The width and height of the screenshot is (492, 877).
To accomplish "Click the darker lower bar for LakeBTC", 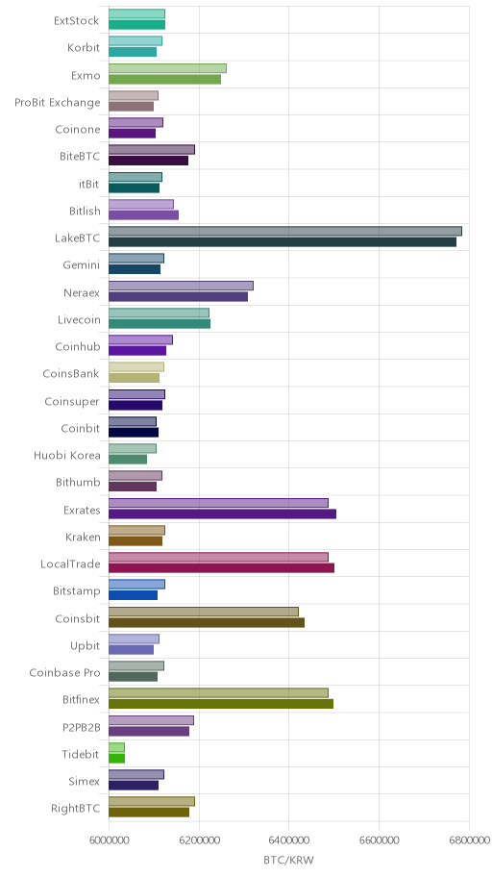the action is [283, 242].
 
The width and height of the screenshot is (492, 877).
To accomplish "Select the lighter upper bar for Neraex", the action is [181, 286].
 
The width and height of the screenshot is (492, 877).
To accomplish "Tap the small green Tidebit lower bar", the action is [116, 759].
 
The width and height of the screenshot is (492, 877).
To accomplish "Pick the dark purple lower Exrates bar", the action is [222, 514].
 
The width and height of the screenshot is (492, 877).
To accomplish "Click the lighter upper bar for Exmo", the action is [167, 68].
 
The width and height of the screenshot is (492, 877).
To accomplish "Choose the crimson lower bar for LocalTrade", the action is [221, 568].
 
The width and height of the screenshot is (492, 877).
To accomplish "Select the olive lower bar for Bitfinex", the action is [221, 704].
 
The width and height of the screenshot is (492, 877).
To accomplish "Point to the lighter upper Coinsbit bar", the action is [204, 612].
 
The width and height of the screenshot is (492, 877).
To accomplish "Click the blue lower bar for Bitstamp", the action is [133, 595].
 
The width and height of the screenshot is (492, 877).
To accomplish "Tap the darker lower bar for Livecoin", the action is [160, 324].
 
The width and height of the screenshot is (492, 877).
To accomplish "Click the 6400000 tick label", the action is [289, 840].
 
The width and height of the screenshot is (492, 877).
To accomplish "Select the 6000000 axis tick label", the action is [109, 840].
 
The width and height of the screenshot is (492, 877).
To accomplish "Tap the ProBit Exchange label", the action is [58, 103].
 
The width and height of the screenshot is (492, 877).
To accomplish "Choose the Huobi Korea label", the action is [67, 455].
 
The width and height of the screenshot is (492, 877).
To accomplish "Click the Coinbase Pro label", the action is [64, 673].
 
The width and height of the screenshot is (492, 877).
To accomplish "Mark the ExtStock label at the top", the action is [77, 21].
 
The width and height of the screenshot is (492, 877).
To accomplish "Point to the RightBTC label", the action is [76, 809].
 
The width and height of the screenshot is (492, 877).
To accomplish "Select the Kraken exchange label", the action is [83, 538].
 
